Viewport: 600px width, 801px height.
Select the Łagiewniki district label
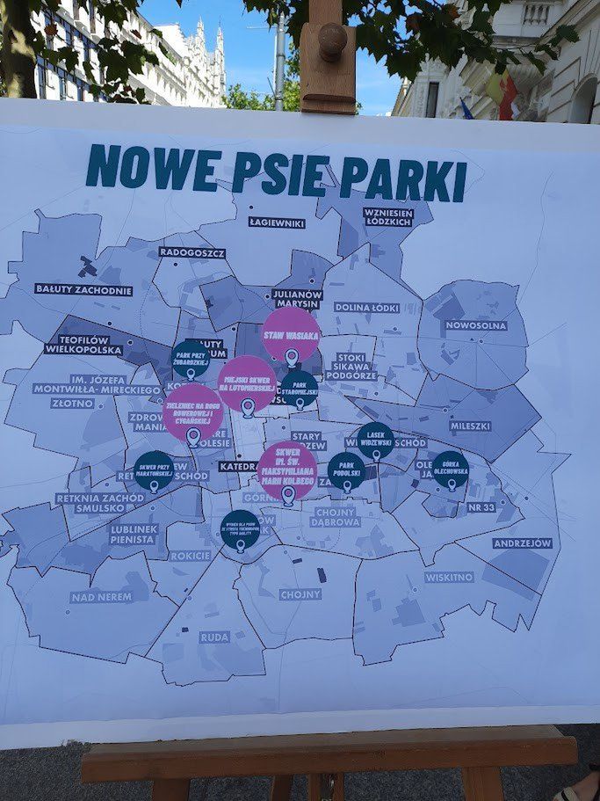pos(276,222)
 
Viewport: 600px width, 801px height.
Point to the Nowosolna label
pos(475,325)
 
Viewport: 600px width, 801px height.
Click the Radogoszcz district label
pos(192,252)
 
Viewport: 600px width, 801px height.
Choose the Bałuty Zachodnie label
pos(83,289)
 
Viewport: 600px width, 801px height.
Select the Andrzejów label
pos(522,543)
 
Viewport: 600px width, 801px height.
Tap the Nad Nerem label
pos(101,597)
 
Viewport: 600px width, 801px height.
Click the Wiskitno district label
pos(449,578)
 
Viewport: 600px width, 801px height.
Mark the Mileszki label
pos(470,426)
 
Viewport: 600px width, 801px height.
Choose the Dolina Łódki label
pos(366,308)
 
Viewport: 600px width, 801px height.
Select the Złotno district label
pos(72,404)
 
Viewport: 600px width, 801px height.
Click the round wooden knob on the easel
pos(332,41)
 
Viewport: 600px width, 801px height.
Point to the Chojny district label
pos(300,594)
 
